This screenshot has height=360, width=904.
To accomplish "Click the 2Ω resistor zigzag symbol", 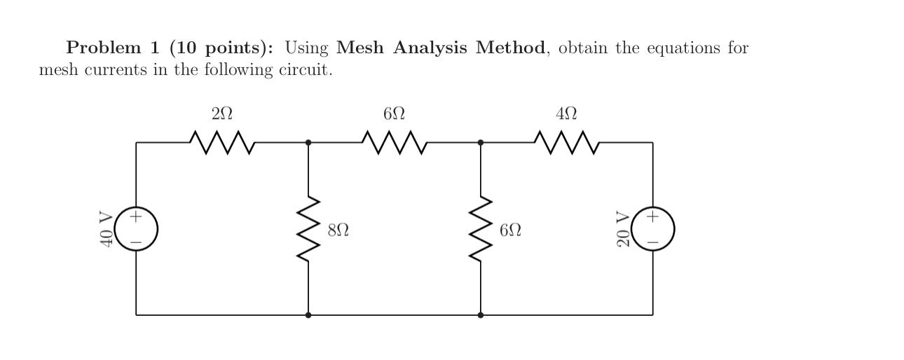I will tap(221, 142).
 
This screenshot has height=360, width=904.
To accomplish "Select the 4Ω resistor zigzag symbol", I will tap(566, 142).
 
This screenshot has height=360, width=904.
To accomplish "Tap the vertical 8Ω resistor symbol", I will tap(308, 229).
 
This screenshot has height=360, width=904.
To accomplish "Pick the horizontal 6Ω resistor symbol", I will tap(394, 142).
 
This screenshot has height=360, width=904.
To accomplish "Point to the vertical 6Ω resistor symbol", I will tap(481, 229).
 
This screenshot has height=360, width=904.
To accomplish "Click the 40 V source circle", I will tap(136, 229).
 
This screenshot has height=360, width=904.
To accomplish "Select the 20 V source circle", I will tap(653, 229).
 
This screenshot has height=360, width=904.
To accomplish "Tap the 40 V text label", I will tap(107, 229).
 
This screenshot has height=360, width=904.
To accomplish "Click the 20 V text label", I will tap(623, 229).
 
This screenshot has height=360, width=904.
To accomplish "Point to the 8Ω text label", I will tap(338, 230).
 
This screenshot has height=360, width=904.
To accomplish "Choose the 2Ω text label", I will tap(221, 113).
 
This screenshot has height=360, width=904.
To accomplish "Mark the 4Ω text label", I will tap(566, 113).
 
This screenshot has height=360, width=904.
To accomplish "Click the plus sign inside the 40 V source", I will tap(136, 217).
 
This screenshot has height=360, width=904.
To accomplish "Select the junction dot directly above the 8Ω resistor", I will tap(308, 142).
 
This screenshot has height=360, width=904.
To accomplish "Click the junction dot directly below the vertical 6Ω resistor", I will tap(481, 315).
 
